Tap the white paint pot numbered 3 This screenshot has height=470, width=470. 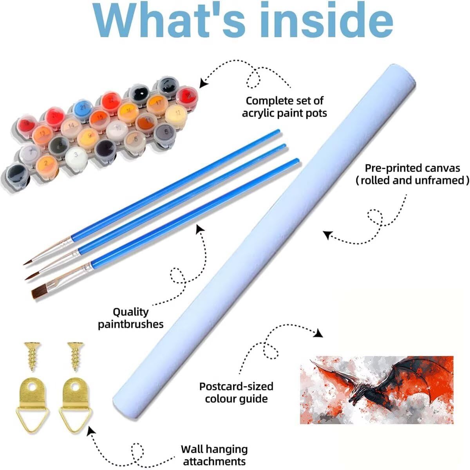[x=76, y=155]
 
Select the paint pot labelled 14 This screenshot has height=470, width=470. [x=70, y=125]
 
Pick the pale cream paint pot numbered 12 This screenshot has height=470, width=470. [x=177, y=113]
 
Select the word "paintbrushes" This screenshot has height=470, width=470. [x=131, y=324]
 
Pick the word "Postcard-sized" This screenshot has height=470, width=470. [x=236, y=386]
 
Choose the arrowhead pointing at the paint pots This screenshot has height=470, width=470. [x=203, y=83]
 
